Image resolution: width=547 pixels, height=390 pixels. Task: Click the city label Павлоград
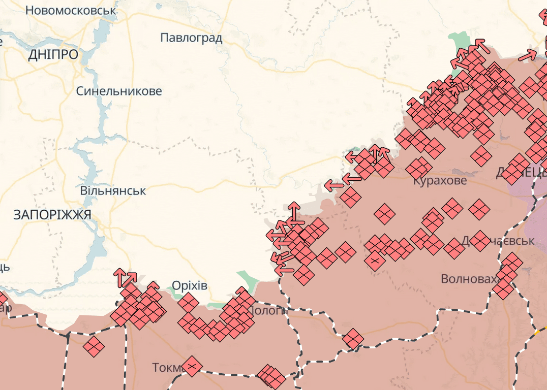(191, 38)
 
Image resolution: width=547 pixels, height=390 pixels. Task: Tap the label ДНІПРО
(53, 55)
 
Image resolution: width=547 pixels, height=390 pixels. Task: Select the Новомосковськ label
(71, 10)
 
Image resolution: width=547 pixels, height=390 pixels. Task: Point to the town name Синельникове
(119, 91)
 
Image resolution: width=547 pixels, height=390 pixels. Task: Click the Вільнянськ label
(113, 191)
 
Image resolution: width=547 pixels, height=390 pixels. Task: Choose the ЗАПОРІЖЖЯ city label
(52, 215)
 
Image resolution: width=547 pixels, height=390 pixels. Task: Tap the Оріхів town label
(190, 285)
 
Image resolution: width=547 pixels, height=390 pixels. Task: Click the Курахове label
(439, 181)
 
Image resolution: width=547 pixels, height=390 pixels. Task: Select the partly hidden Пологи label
(268, 310)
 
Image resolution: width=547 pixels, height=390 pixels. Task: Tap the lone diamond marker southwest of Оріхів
(94, 347)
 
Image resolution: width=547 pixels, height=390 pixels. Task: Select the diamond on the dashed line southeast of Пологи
(352, 339)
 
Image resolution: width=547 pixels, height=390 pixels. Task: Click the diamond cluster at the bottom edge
(271, 376)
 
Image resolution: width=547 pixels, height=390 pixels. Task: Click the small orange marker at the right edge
(536, 333)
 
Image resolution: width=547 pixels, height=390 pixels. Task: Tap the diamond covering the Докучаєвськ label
(479, 240)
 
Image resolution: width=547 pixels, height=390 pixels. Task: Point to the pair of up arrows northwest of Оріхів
(125, 277)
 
